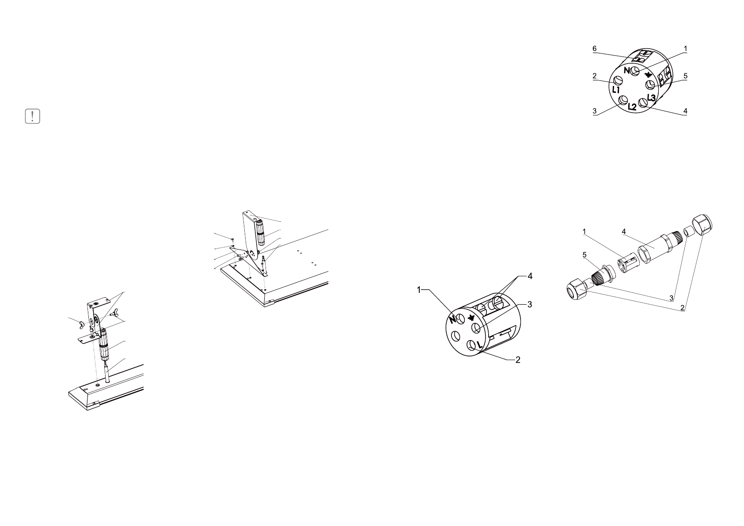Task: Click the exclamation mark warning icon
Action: [x=33, y=116]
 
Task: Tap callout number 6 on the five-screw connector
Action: [x=595, y=49]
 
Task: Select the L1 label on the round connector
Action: [x=616, y=90]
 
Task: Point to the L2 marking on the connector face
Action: [x=632, y=106]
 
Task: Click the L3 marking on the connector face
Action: [x=651, y=97]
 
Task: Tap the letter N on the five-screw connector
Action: [x=627, y=71]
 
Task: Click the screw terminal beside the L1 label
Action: [x=619, y=80]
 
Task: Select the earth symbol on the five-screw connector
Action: [x=648, y=74]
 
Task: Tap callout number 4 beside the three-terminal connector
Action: [x=530, y=276]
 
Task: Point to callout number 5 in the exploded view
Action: [x=584, y=255]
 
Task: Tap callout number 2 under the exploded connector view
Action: [x=683, y=307]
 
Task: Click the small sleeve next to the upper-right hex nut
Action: [x=687, y=231]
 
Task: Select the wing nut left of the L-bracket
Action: [x=81, y=326]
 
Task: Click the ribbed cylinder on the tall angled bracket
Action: [x=261, y=233]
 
